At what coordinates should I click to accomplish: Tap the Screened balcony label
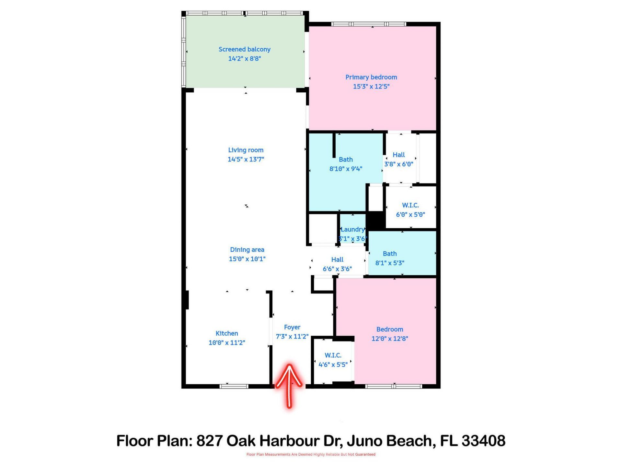coord(244,49)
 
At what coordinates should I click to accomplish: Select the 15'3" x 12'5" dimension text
coord(371,86)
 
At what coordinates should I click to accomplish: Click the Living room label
coord(246,150)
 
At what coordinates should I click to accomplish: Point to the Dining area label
coord(247,249)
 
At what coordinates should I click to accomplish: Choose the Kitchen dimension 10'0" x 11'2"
coord(227,342)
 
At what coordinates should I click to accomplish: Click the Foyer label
coord(292,327)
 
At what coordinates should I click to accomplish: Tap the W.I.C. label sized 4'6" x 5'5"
coord(333,355)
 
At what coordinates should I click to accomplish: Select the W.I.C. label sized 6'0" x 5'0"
coord(410,205)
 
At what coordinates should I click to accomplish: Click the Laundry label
coord(352,229)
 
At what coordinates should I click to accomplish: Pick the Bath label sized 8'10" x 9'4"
coord(345,159)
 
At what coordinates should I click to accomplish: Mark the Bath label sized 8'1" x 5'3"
coord(389,254)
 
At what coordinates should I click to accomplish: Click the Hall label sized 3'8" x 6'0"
coord(398,155)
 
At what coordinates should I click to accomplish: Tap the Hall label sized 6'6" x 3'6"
coord(337,259)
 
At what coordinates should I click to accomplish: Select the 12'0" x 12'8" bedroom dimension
coord(389,338)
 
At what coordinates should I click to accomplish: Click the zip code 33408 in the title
coord(483,441)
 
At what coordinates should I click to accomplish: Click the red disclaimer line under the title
coord(311,454)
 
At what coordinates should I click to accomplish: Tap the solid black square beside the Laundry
coord(376,221)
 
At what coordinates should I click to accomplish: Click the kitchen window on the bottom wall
coord(234,386)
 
